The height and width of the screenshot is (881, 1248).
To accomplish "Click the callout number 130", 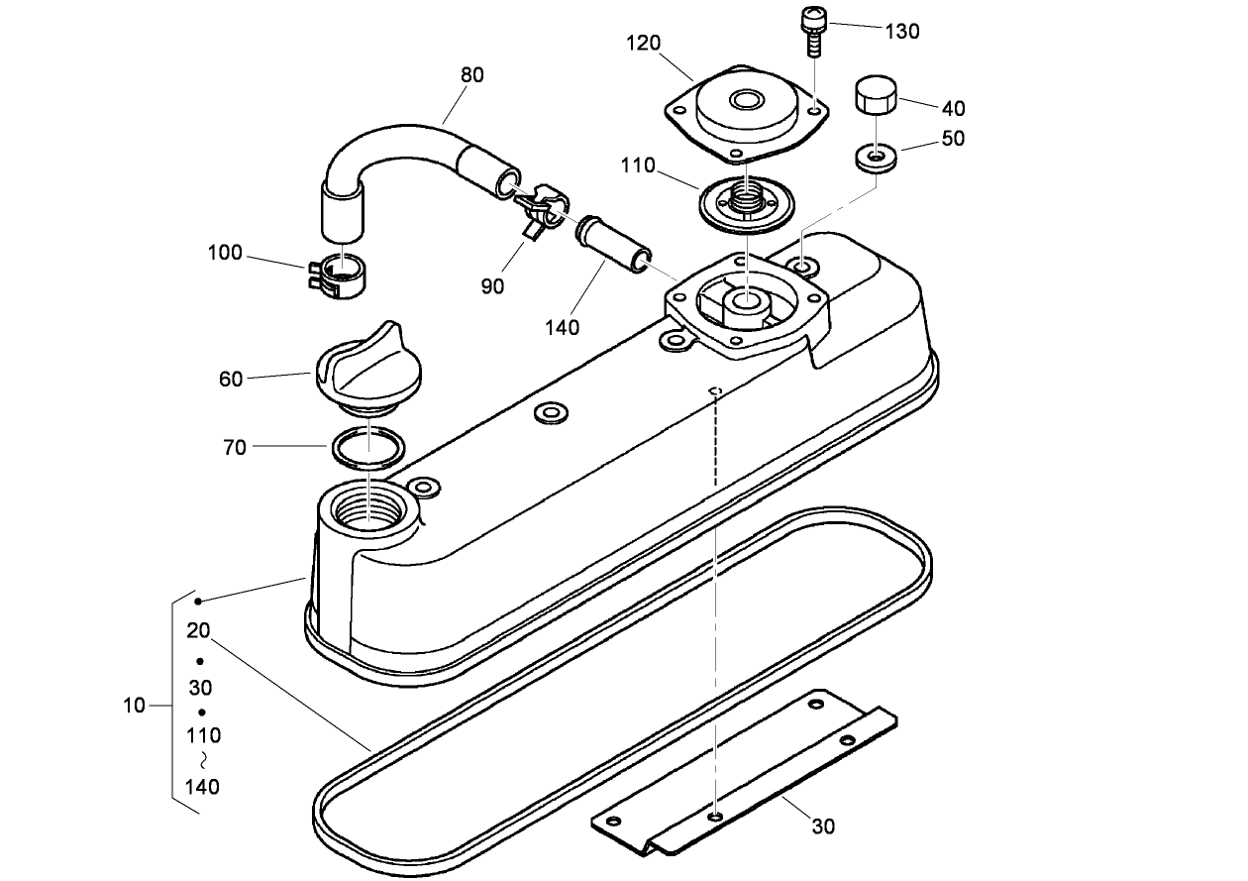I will tap(902, 31).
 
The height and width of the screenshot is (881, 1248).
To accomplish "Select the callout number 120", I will tap(644, 44).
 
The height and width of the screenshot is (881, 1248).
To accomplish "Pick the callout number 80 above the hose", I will tap(472, 75).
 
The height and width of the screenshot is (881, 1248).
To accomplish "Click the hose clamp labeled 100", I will tap(338, 275).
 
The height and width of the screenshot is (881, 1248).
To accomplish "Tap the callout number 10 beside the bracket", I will tap(135, 706).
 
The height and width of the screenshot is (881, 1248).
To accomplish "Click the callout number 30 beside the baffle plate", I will tap(823, 826).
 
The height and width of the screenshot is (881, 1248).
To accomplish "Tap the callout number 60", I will tap(230, 378).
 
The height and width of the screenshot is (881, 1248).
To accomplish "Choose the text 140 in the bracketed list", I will tap(202, 788).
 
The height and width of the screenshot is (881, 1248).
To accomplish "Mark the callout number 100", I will tap(225, 253).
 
